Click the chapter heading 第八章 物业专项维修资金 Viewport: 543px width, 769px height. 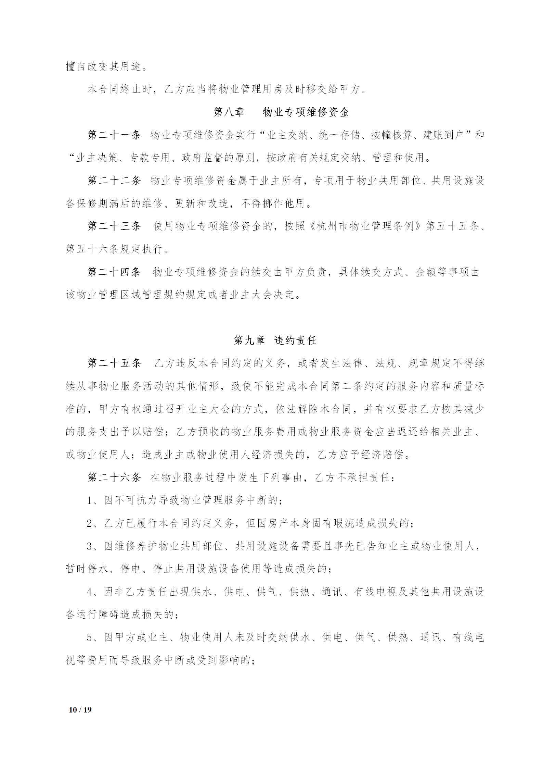pos(281,112)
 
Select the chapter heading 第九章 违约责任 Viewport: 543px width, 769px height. pos(275,340)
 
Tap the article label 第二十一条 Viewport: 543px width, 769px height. pos(114,135)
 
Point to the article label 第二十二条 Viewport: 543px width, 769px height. pos(114,181)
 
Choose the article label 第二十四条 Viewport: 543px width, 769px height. pos(114,272)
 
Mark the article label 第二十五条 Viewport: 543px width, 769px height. pos(114,363)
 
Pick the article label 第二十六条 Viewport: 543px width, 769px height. pos(114,477)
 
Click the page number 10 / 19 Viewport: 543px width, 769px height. pos(80,709)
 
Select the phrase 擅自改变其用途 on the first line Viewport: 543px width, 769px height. pos(103,66)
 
